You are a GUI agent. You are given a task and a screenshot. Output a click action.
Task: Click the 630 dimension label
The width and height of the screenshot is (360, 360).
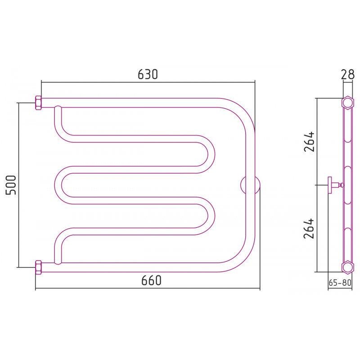[x=148, y=74]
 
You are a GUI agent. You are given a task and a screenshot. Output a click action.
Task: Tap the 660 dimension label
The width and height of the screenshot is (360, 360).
[x=151, y=280]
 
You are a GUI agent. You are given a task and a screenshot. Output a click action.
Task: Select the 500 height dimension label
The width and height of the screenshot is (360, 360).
[x=11, y=185]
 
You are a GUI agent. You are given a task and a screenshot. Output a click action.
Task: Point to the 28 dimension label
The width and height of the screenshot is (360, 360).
[x=347, y=74]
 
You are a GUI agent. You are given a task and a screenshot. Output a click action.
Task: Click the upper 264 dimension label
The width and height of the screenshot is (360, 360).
[x=309, y=141]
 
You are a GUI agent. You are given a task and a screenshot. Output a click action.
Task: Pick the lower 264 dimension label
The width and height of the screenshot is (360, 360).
[x=309, y=229]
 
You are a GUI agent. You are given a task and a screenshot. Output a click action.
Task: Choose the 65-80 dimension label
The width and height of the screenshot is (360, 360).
[x=340, y=283]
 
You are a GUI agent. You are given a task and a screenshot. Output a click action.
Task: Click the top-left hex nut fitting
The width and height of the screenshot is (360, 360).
[x=38, y=103]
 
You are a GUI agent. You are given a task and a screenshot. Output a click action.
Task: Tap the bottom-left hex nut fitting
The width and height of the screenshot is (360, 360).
[x=38, y=267]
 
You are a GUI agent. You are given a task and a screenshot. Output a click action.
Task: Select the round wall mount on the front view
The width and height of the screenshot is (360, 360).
[x=250, y=185]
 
